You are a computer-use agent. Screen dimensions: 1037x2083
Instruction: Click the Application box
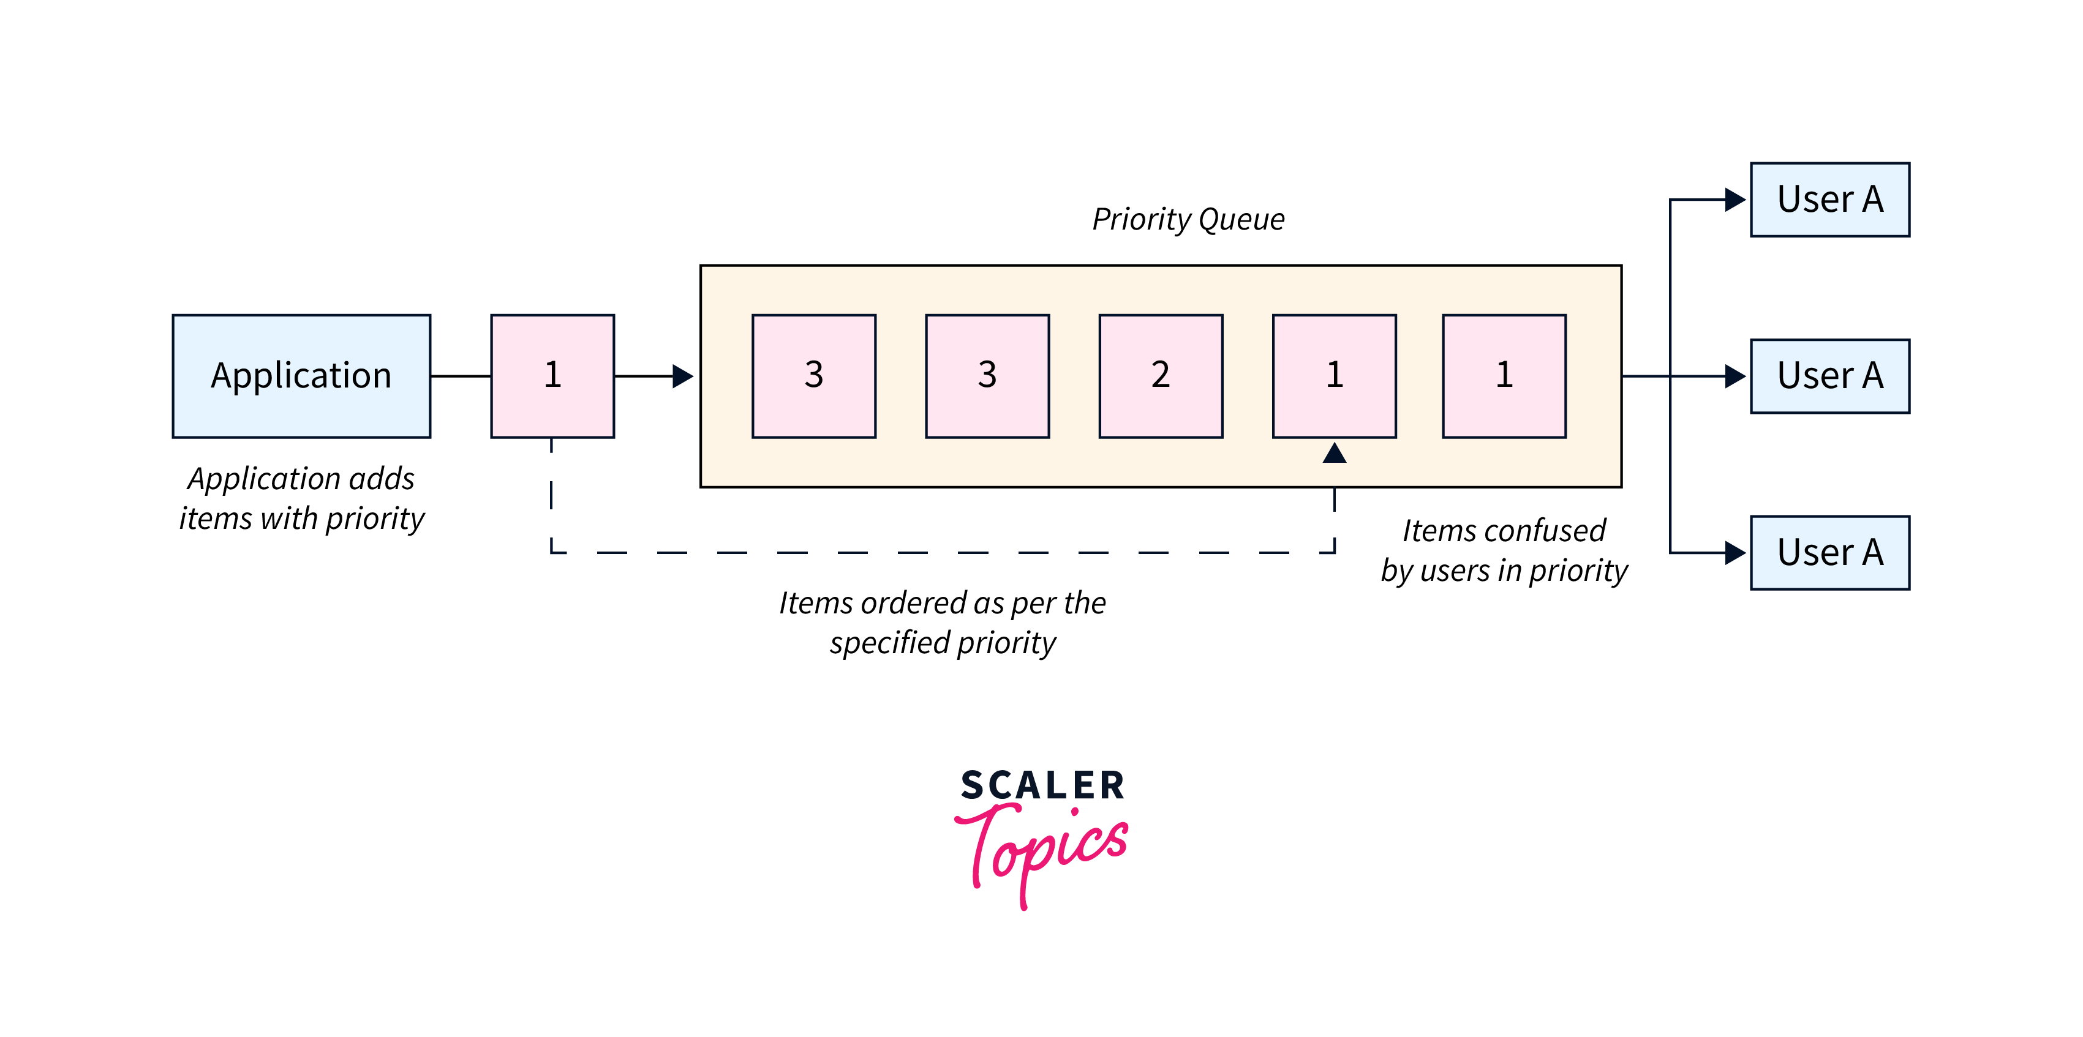pos(301,376)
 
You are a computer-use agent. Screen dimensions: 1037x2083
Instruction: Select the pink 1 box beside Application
pos(552,376)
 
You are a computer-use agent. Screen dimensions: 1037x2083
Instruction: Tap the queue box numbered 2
pos(1161,376)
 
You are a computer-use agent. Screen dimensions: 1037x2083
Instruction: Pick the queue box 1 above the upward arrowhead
pos(1334,376)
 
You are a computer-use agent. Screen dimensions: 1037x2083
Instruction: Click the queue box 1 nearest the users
pos(1504,376)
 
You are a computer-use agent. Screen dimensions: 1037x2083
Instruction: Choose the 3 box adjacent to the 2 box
pos(987,376)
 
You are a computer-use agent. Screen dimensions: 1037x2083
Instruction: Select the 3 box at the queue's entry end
pos(813,376)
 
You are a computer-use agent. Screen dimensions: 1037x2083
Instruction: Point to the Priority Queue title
pos(1188,219)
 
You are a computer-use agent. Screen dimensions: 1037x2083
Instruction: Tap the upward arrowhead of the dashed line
pos(1334,454)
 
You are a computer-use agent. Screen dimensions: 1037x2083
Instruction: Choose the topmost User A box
pos(1830,200)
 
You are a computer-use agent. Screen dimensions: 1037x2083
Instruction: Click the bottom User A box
pos(1830,553)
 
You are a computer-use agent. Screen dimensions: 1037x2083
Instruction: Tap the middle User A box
pos(1830,376)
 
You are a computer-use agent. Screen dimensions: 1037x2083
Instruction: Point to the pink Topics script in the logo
pos(1043,848)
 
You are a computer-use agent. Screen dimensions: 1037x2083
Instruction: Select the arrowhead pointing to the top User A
pos(1735,200)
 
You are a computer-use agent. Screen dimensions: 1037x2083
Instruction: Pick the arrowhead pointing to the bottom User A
pos(1735,553)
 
